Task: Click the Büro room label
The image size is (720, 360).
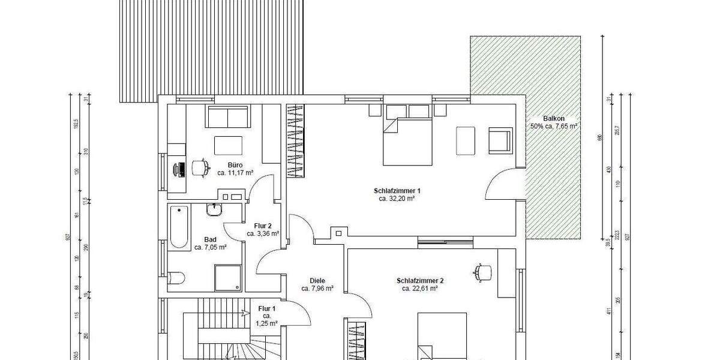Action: click(x=235, y=164)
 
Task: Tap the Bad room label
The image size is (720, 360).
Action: click(x=210, y=239)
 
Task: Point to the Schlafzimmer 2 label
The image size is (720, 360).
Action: click(x=419, y=280)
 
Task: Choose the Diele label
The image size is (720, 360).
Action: click(x=317, y=280)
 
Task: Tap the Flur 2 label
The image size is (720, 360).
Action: click(x=263, y=226)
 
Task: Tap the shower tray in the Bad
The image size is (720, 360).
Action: click(x=227, y=276)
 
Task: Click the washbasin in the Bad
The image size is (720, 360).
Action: click(x=215, y=209)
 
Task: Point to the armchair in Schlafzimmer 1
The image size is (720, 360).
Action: click(x=500, y=140)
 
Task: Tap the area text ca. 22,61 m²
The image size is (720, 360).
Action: click(x=419, y=288)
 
